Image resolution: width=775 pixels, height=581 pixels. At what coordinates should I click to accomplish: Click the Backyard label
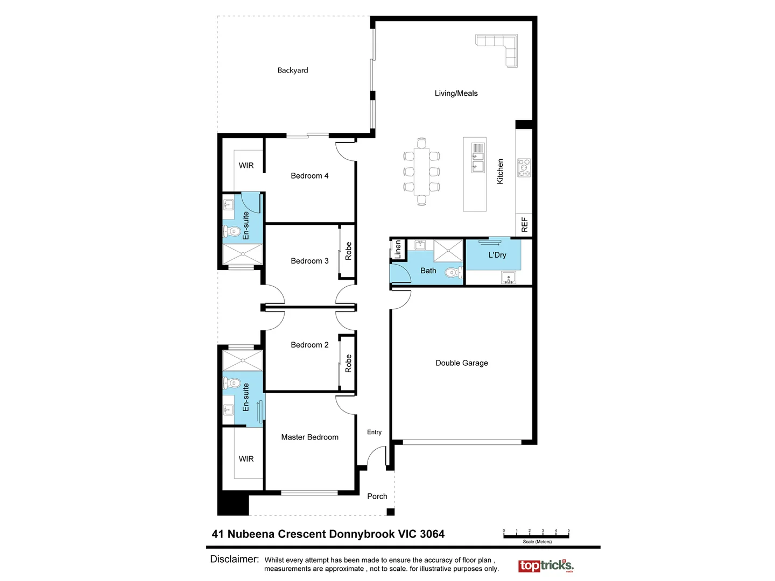tap(293, 70)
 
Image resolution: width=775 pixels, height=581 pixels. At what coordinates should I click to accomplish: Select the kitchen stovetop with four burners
tap(524, 168)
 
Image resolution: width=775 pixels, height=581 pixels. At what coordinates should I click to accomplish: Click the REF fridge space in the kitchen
tap(524, 224)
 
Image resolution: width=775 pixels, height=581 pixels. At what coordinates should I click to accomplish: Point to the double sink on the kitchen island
tap(477, 157)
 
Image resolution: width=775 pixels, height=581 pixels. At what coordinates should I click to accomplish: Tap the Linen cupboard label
tap(398, 250)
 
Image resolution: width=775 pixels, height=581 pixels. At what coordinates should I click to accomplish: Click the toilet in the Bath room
tap(453, 272)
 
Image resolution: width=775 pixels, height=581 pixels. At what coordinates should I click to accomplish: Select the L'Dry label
tap(497, 255)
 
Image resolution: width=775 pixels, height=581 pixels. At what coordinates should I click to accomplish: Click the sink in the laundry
tap(508, 278)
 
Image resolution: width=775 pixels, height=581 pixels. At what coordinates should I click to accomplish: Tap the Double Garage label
tap(462, 363)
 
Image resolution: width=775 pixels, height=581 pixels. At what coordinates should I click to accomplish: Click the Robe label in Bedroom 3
tap(348, 251)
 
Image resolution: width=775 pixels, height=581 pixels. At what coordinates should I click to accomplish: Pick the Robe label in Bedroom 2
tap(348, 363)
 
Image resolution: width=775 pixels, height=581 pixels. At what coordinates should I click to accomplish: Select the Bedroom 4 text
tap(309, 176)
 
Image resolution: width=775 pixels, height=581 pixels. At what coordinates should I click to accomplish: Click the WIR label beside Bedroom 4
tap(246, 166)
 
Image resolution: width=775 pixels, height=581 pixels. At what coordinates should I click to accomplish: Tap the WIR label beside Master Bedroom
tap(246, 459)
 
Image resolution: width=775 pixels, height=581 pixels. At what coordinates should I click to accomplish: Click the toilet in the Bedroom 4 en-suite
tap(232, 232)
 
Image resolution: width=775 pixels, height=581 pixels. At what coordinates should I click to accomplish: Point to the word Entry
tap(374, 432)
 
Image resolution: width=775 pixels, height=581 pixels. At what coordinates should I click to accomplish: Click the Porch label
tap(377, 497)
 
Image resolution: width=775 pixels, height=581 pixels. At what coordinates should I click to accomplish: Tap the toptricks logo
tap(546, 566)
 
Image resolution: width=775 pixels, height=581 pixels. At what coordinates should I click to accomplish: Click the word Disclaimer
tap(234, 559)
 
